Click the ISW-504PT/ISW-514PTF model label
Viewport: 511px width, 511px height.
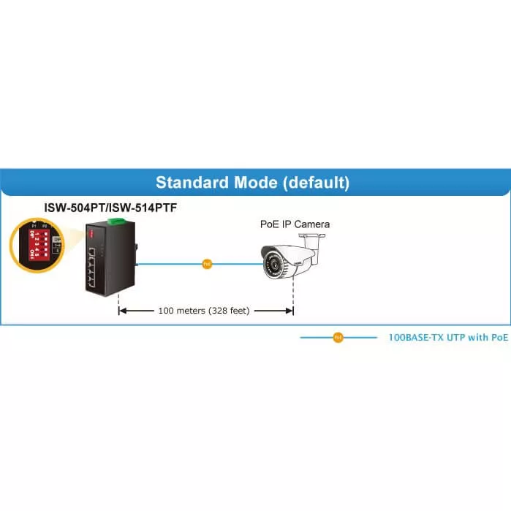pyautogui.click(x=110, y=208)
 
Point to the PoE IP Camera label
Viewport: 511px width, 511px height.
pyautogui.click(x=295, y=224)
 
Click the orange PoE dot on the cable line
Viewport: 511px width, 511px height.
pyautogui.click(x=207, y=264)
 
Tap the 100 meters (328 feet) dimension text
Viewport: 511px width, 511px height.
pyautogui.click(x=204, y=311)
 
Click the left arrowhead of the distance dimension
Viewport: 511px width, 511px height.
pyautogui.click(x=123, y=311)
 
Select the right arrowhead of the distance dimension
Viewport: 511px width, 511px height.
pyautogui.click(x=289, y=311)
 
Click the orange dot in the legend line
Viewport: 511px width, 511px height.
pyautogui.click(x=338, y=338)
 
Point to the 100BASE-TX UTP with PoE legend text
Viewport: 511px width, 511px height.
pyautogui.click(x=447, y=338)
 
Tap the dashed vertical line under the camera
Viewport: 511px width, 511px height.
pyautogui.click(x=293, y=296)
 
